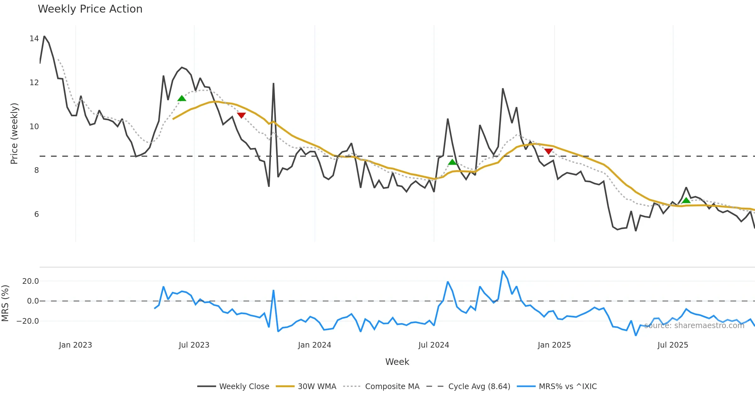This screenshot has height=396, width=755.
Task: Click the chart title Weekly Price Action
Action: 90,9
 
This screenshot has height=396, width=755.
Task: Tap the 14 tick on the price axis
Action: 34,39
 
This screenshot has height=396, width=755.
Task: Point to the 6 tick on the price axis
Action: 36,214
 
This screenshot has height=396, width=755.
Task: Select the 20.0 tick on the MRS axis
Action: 31,281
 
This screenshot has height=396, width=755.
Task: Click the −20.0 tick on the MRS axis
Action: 28,321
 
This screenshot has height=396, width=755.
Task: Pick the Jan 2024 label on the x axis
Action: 315,345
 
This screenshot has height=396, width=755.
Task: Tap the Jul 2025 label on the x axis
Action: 673,345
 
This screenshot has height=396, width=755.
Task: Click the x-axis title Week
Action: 397,362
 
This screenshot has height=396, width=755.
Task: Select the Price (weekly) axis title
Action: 14,134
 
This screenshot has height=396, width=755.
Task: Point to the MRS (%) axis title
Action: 5,303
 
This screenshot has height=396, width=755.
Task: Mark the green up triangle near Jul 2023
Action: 182,98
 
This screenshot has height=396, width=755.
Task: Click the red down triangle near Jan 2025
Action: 549,151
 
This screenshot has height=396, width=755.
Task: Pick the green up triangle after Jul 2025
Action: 686,200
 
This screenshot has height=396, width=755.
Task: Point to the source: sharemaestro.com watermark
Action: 694,326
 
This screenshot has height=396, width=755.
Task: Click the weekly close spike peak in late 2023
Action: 274,84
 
